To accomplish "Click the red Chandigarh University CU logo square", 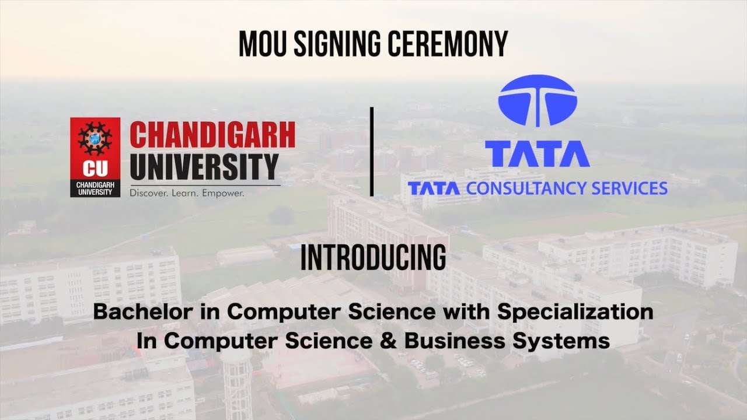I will pos(95,157).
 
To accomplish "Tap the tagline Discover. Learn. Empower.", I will pos(187,192).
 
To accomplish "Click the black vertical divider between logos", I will pos(372,152).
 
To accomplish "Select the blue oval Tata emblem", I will pos(537,100).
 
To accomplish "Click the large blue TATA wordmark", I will pos(537,153).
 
